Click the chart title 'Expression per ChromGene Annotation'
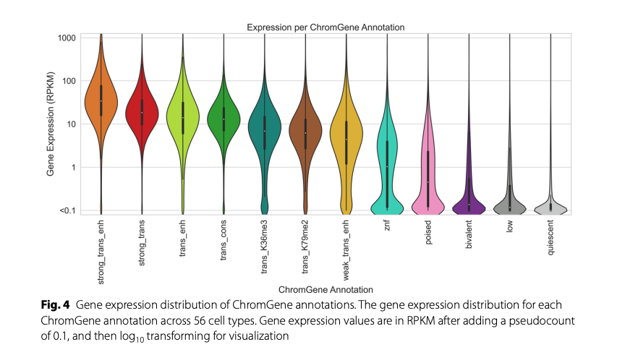(x=325, y=27)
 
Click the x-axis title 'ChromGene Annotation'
(x=325, y=290)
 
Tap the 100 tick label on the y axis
(x=68, y=81)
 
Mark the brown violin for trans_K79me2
(x=305, y=130)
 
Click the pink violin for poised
(x=428, y=181)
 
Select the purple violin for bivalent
(x=469, y=202)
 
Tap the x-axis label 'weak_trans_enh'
(x=346, y=250)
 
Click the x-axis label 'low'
(x=510, y=228)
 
